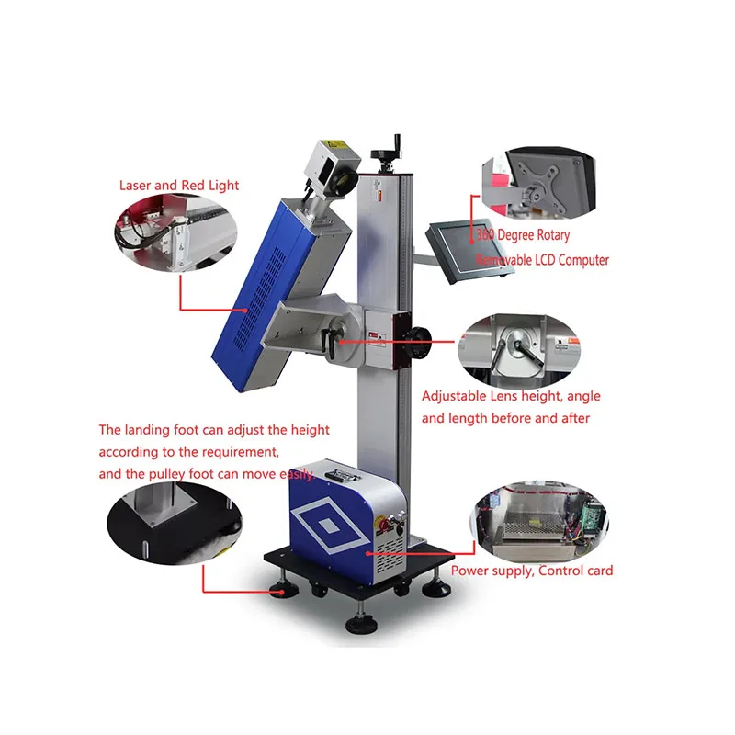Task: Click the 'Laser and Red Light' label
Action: [x=178, y=186]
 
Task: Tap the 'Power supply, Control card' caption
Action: [x=531, y=571]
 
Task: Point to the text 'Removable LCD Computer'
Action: [x=542, y=260]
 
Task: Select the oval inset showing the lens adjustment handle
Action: [x=519, y=349]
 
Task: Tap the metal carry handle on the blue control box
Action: [x=341, y=474]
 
